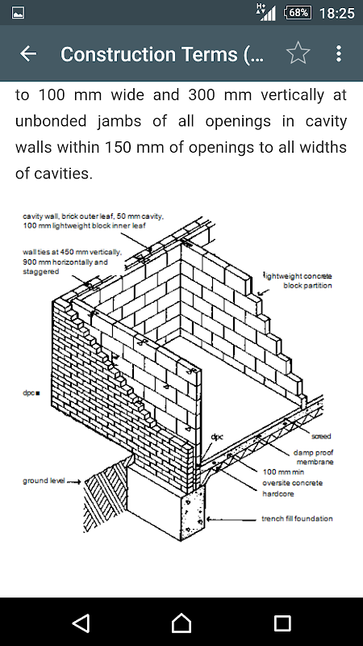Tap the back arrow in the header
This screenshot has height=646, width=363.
click(x=28, y=53)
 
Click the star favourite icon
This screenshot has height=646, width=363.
click(x=298, y=53)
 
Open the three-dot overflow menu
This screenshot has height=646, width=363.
click(x=338, y=53)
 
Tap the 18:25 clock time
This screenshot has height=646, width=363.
click(x=336, y=13)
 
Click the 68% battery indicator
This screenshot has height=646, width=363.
click(x=298, y=13)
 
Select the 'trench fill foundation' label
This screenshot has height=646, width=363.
click(x=297, y=518)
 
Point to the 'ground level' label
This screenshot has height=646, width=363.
click(x=44, y=480)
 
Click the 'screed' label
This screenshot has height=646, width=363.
click(x=321, y=436)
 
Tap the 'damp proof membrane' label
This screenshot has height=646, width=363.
click(x=313, y=457)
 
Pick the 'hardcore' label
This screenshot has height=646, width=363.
click(x=278, y=493)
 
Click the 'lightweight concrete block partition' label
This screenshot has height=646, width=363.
click(x=298, y=280)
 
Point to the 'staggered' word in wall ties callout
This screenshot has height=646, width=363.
click(x=41, y=271)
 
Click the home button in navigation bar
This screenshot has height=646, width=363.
click(x=181, y=622)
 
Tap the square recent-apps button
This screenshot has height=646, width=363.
click(x=282, y=623)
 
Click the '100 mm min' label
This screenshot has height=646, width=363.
click(x=284, y=472)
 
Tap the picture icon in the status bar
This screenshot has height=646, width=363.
click(x=18, y=13)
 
